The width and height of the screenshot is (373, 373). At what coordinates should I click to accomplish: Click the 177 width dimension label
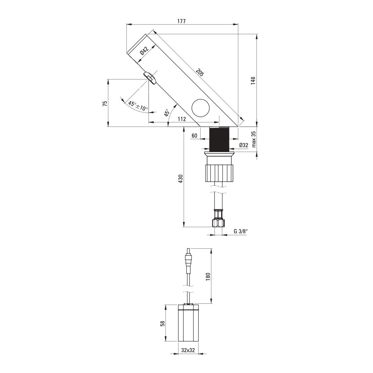182,21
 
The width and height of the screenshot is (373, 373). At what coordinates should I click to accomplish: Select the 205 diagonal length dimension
200,73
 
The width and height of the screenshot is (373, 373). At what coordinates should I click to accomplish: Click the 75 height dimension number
105,104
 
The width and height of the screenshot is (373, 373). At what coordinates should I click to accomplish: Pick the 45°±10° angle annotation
138,106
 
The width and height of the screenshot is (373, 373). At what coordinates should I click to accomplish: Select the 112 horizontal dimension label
182,119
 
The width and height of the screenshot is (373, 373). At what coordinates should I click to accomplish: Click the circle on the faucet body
200,108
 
